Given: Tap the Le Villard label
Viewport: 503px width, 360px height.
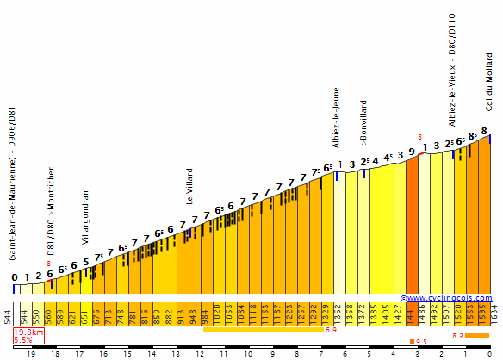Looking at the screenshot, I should click(x=189, y=186).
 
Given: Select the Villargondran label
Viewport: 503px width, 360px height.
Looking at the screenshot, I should click(x=85, y=218).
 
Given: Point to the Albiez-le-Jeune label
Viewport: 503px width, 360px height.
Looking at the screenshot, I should click(x=337, y=118).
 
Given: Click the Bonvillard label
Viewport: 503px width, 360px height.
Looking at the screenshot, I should click(x=363, y=126).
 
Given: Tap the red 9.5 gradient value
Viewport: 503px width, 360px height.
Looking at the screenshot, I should click(x=421, y=342).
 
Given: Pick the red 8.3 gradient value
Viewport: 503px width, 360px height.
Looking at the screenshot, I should click(x=458, y=336).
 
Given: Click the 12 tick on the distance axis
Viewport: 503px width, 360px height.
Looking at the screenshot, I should click(x=199, y=353).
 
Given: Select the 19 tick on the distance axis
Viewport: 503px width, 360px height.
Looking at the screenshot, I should click(x=30, y=353).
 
